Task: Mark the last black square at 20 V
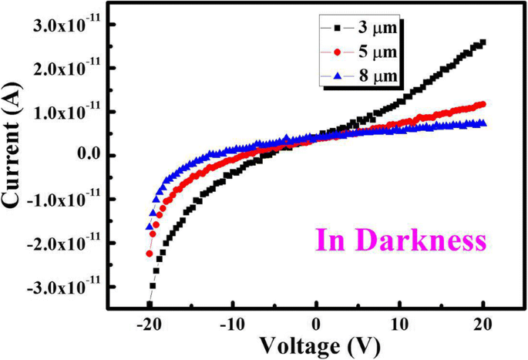click(x=483, y=43)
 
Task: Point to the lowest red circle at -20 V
click(x=150, y=253)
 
